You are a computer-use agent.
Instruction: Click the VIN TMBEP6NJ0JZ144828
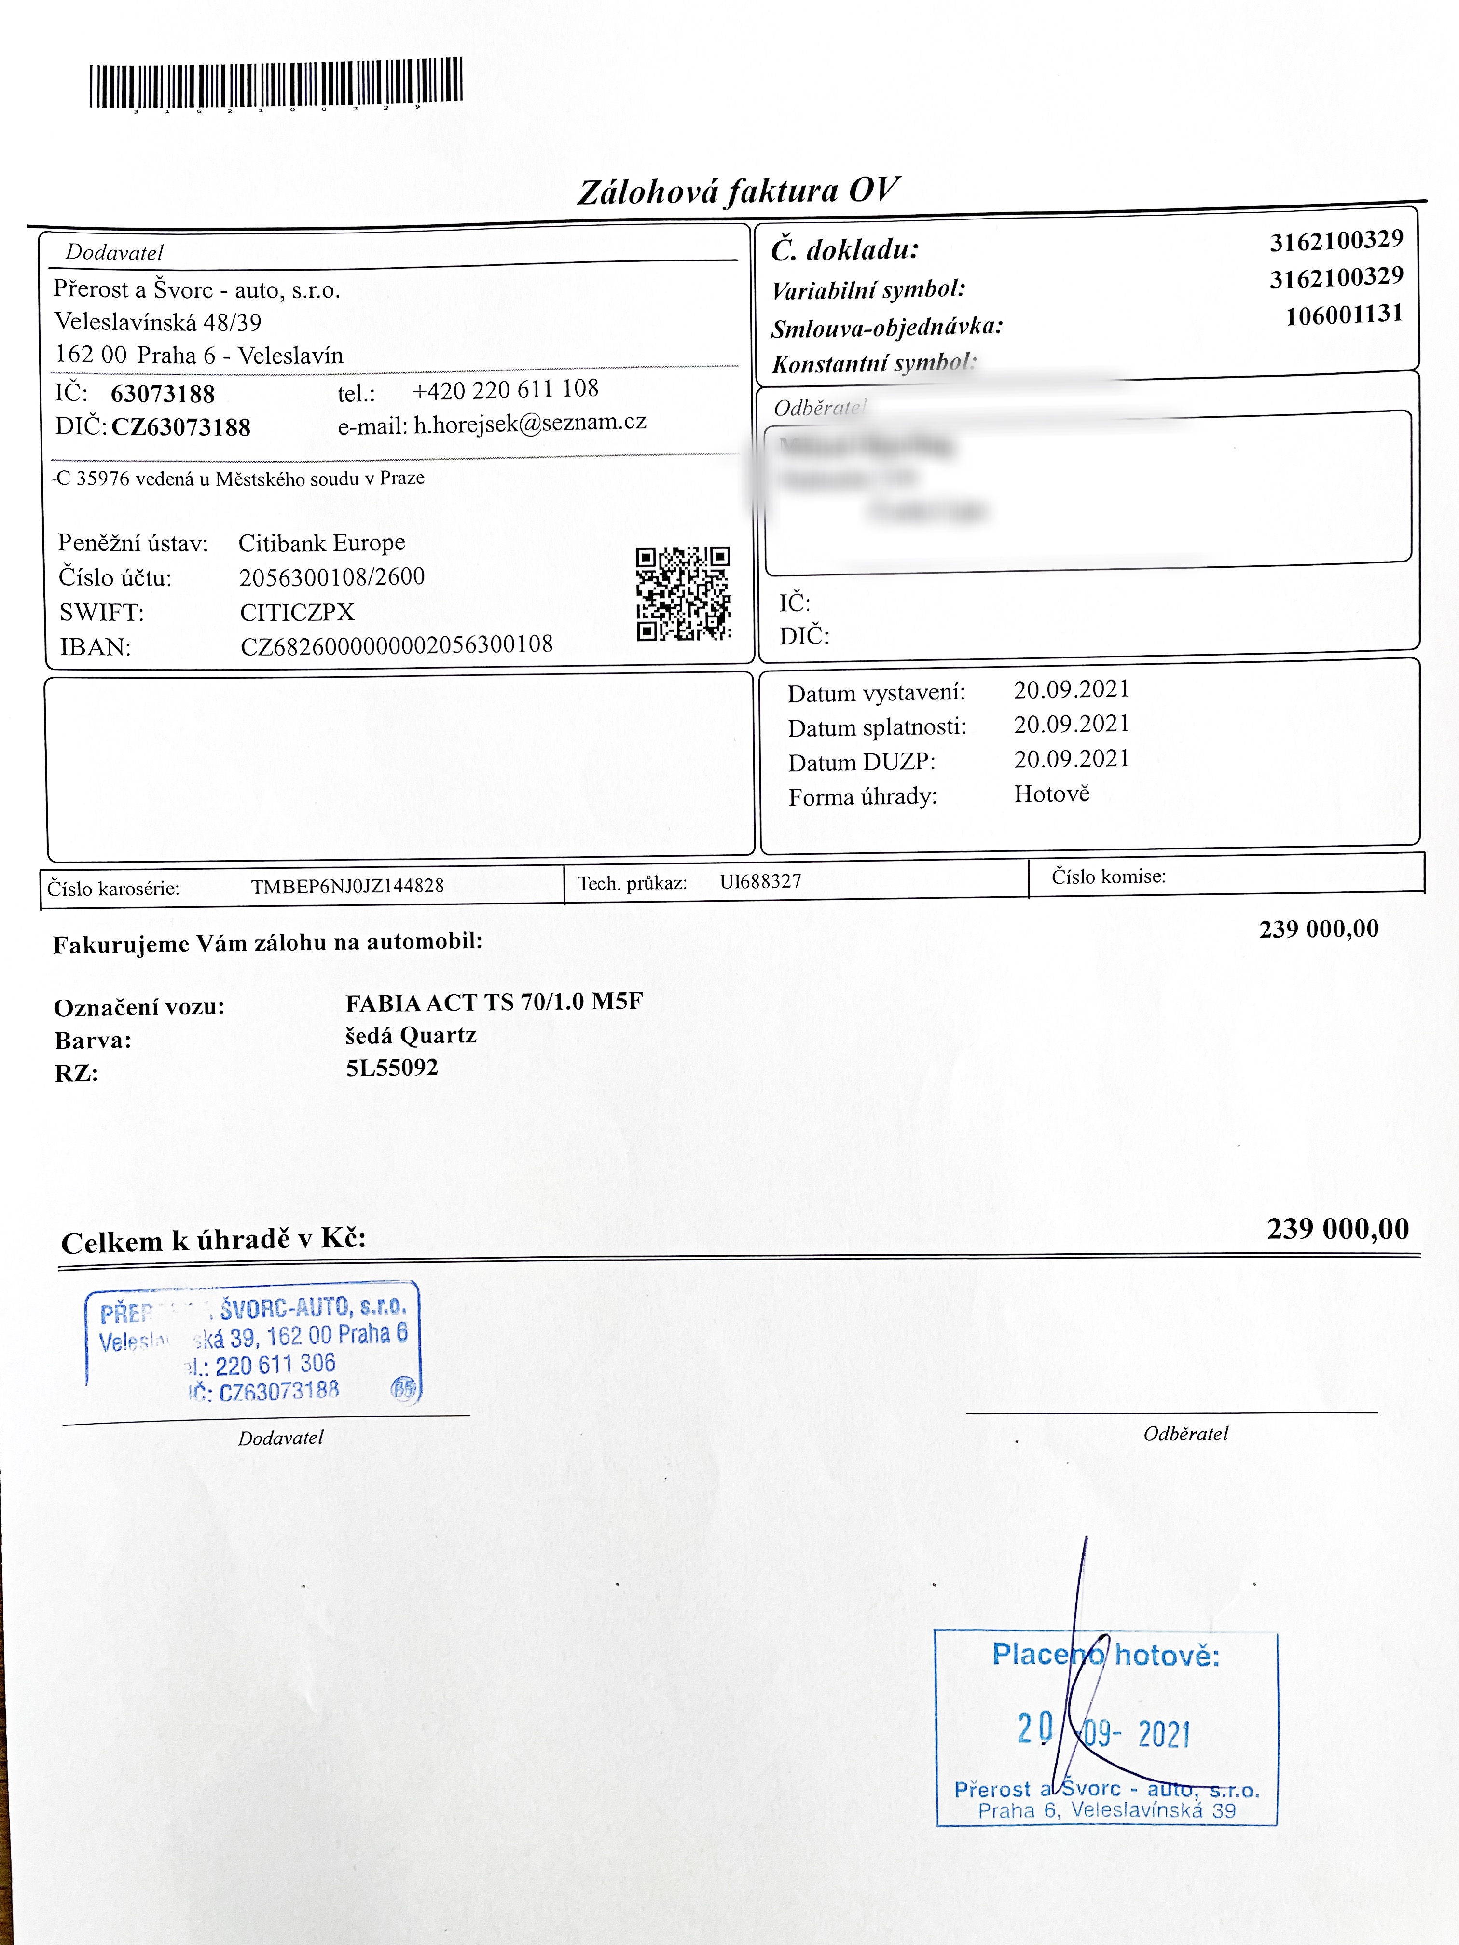click(347, 886)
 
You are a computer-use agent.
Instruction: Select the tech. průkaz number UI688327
click(761, 881)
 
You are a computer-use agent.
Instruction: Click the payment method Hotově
click(1052, 794)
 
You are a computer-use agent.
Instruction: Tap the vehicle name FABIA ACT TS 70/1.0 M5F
click(494, 1002)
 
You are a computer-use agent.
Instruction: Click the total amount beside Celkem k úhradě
click(1337, 1228)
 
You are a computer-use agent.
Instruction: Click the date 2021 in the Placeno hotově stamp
click(1164, 1734)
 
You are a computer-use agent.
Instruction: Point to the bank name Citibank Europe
click(322, 543)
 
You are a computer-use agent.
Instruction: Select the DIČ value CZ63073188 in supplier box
click(181, 427)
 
